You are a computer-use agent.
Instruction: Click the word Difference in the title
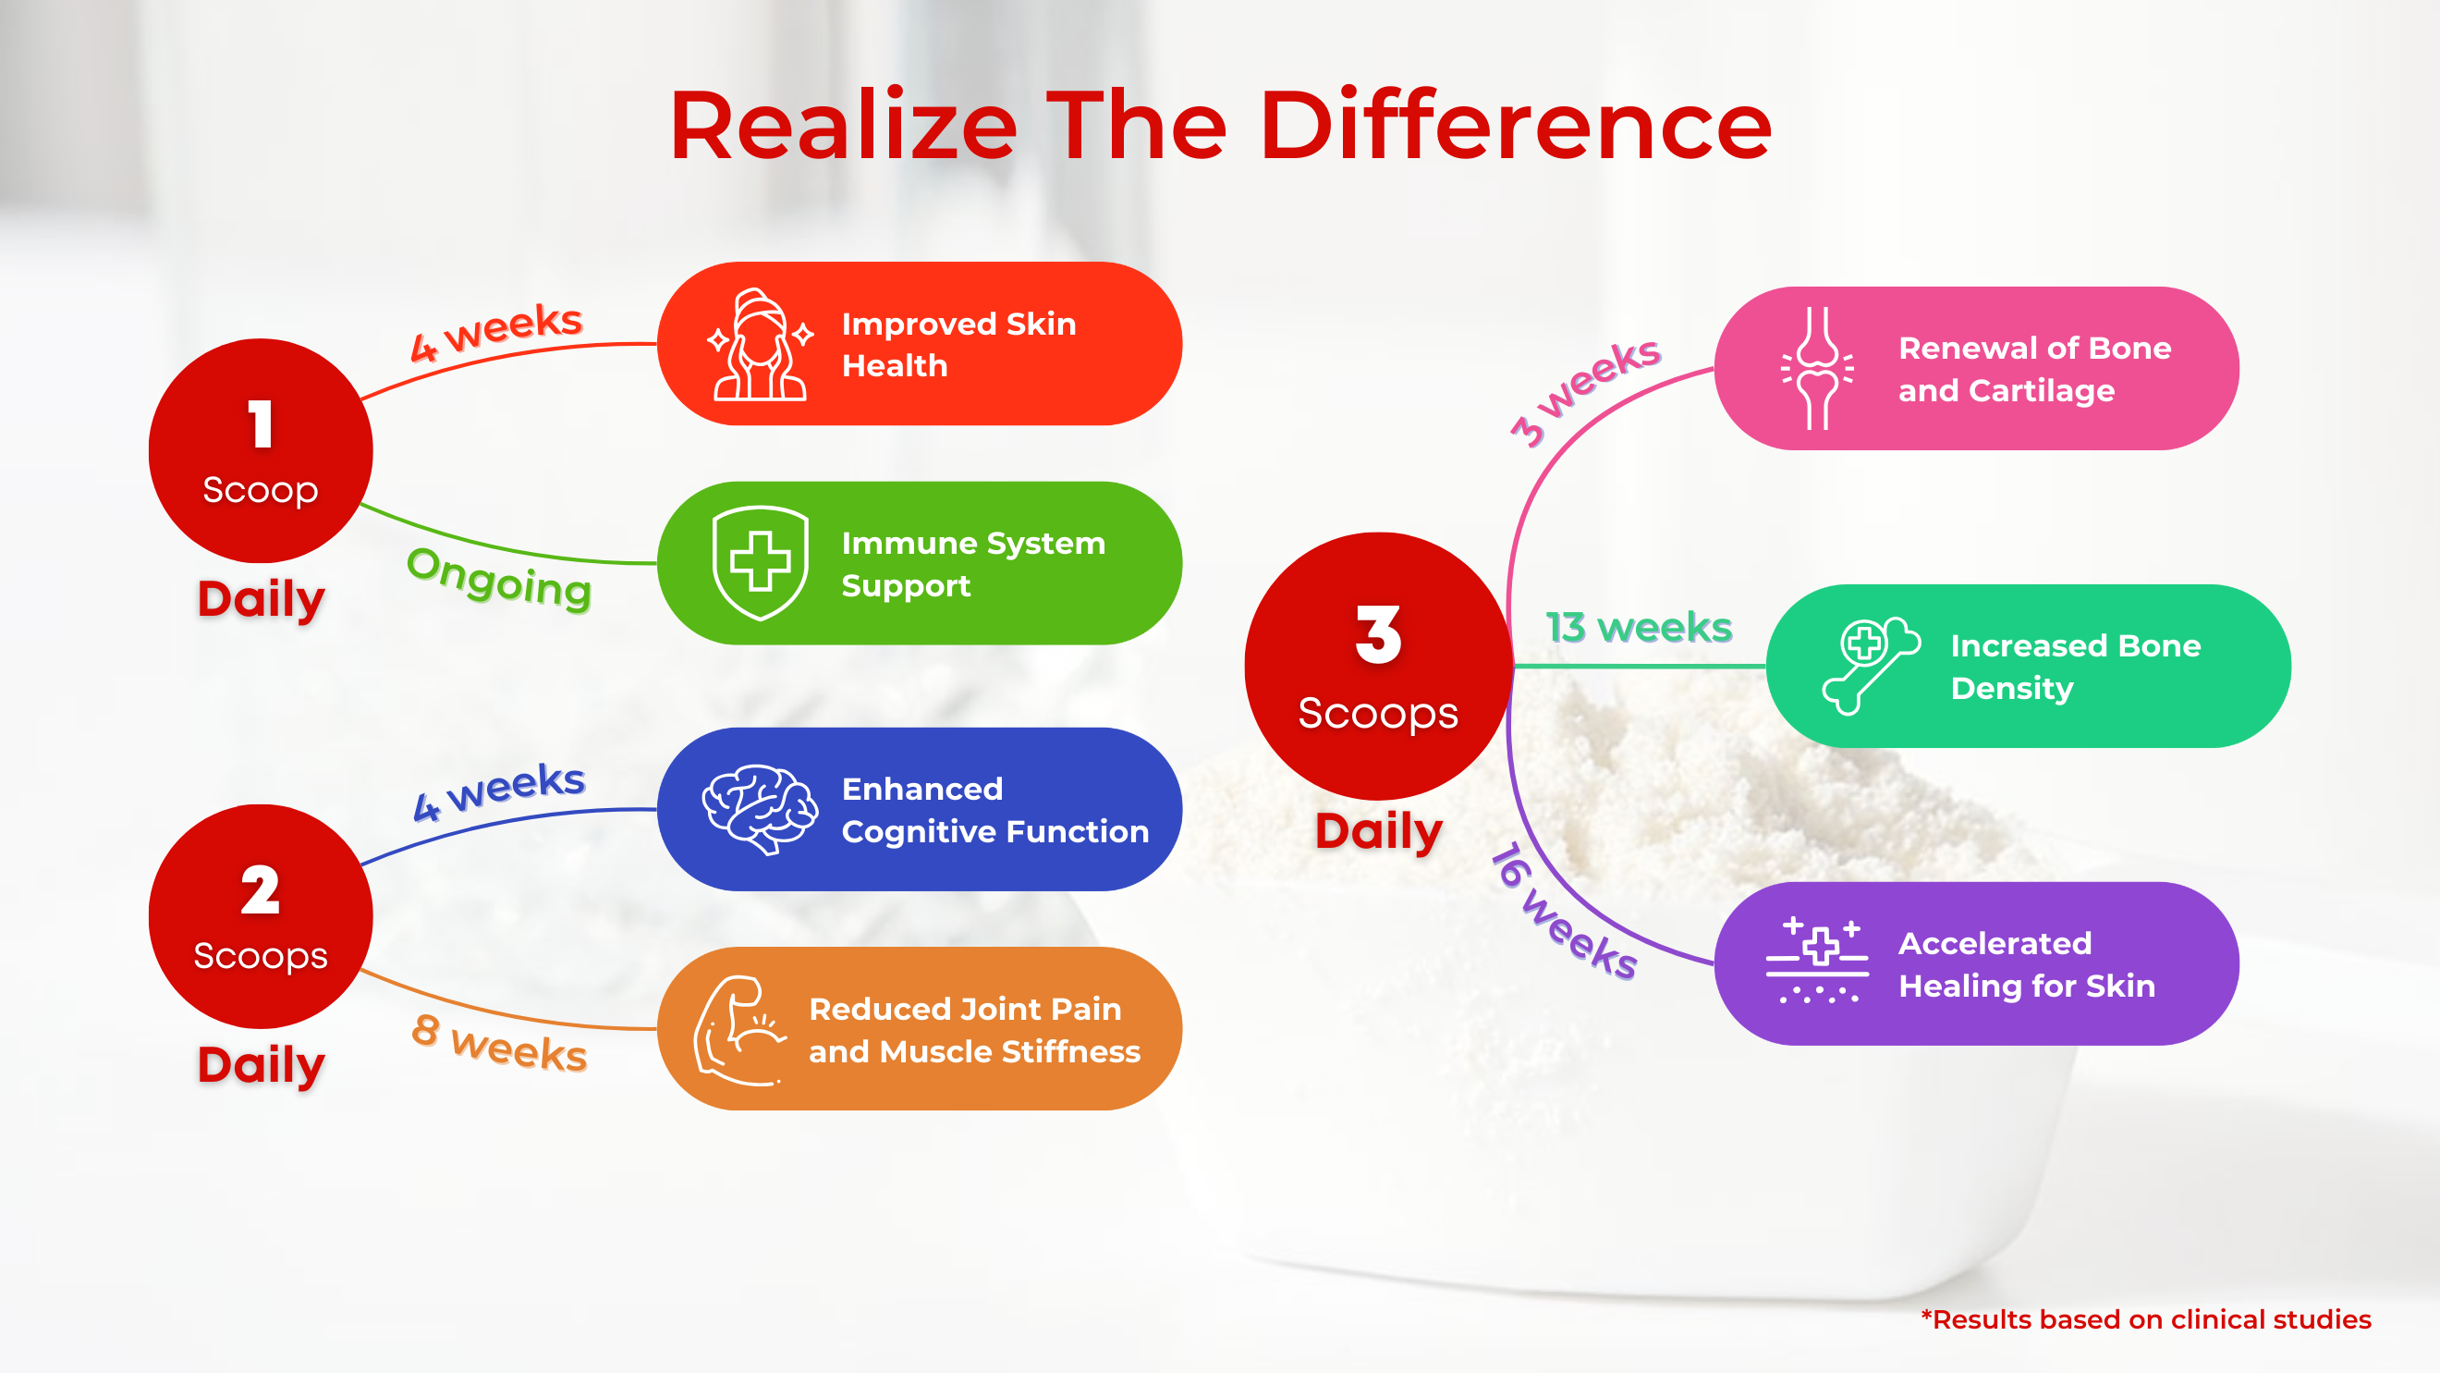click(1515, 126)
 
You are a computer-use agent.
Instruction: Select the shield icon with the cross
click(760, 563)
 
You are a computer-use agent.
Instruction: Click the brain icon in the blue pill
click(760, 809)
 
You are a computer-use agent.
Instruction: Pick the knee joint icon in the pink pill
click(1817, 368)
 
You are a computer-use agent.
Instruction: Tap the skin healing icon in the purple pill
click(1818, 961)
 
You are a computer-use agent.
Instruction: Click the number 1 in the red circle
click(261, 423)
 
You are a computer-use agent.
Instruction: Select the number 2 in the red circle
click(261, 889)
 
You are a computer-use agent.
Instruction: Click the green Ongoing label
click(499, 578)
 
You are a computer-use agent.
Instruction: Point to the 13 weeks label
click(1639, 627)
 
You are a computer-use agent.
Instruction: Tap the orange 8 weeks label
click(499, 1043)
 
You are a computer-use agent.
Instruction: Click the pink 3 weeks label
click(1585, 390)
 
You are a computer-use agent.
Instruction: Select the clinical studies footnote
click(2145, 1319)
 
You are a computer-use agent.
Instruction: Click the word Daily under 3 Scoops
click(1378, 832)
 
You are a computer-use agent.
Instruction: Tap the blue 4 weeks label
click(499, 791)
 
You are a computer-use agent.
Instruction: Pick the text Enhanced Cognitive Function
click(994, 810)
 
